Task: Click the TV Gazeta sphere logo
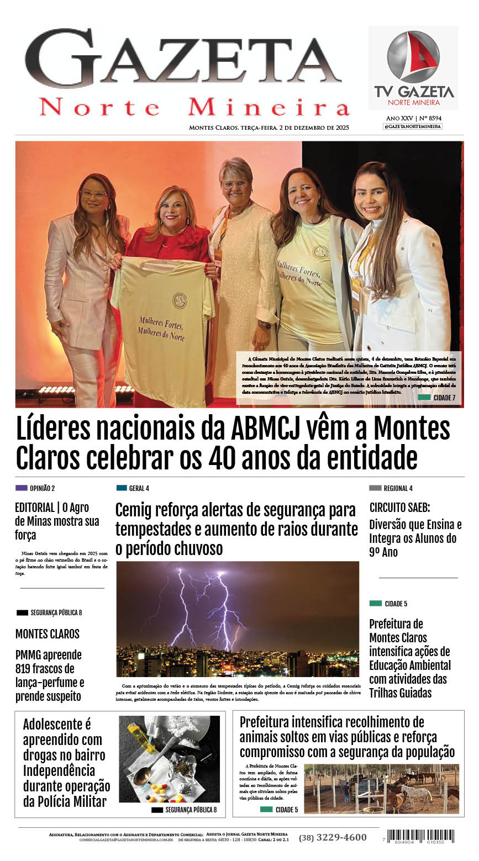pyautogui.click(x=413, y=57)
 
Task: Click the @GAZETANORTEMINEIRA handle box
pyautogui.click(x=413, y=126)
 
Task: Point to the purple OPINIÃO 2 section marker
pyautogui.click(x=22, y=488)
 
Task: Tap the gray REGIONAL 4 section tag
pyautogui.click(x=375, y=488)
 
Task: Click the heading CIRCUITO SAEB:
pyautogui.click(x=399, y=508)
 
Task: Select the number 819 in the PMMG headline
pyautogui.click(x=26, y=669)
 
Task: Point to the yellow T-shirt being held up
pyautogui.click(x=163, y=326)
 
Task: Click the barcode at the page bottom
pyautogui.click(x=420, y=836)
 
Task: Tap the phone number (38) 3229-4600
pyautogui.click(x=333, y=837)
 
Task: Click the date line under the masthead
pyautogui.click(x=269, y=128)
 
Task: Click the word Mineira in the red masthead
pyautogui.click(x=269, y=107)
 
